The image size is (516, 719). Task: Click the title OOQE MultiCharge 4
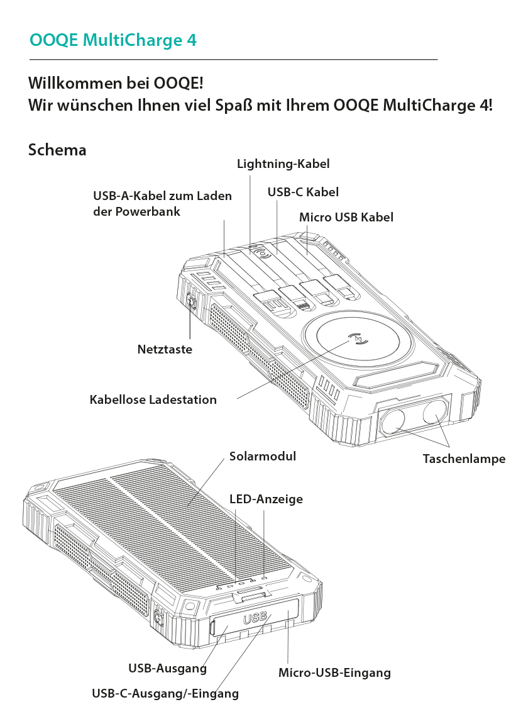113,40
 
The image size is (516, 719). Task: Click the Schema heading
57,150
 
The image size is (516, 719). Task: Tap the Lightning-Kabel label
283,164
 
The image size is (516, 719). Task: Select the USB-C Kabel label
303,192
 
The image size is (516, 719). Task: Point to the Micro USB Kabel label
346,217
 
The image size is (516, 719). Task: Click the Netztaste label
165,349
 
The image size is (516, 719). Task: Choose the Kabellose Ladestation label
153,399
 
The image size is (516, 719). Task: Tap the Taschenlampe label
464,459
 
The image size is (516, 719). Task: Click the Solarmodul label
263,456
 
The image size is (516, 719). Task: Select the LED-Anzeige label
266,499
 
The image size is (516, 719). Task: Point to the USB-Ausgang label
167,669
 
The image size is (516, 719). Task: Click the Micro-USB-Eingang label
334,672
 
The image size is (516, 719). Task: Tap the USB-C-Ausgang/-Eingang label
165,693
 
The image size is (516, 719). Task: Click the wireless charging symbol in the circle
358,339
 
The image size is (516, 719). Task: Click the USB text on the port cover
255,618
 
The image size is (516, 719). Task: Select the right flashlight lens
434,411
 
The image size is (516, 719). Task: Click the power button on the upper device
192,301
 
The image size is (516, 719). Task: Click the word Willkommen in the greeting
76,84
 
